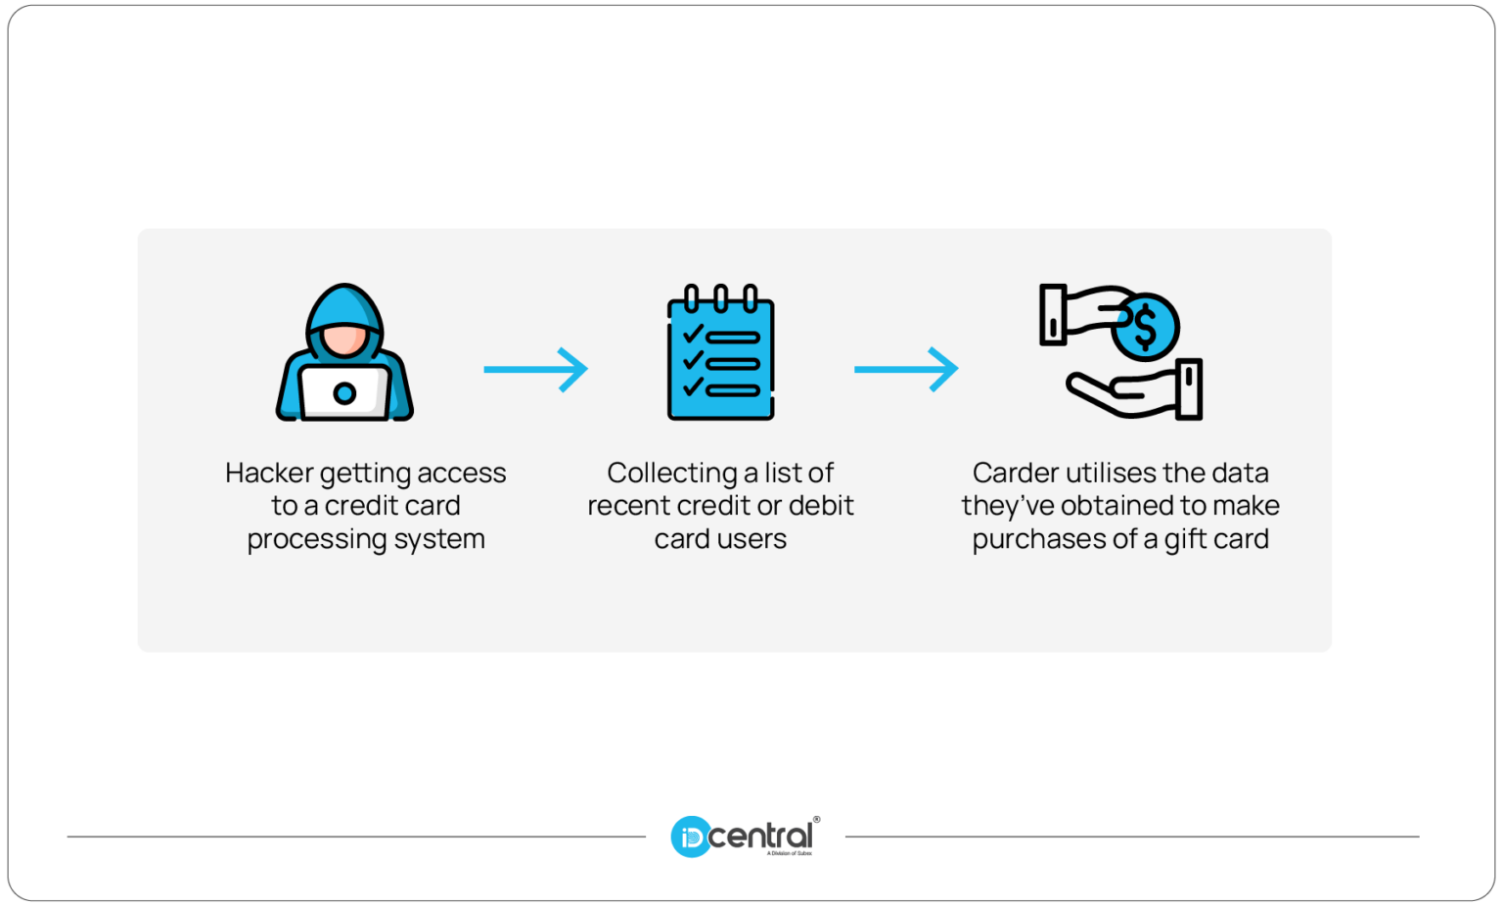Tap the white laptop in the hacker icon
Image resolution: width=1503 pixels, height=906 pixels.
344,393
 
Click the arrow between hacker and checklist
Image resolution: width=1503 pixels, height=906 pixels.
536,369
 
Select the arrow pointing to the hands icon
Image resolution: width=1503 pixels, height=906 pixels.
906,369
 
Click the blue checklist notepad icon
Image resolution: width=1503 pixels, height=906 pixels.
721,356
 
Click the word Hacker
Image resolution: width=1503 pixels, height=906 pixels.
269,474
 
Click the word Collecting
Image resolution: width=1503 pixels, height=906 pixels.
671,474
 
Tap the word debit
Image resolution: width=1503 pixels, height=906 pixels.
821,506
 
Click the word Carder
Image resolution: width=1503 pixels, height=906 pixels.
1015,474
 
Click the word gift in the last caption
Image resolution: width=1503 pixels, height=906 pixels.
1185,540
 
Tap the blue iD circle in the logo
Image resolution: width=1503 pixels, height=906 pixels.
690,838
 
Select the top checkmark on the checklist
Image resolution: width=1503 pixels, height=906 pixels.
693,335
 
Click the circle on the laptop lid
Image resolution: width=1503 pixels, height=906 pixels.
344,393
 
